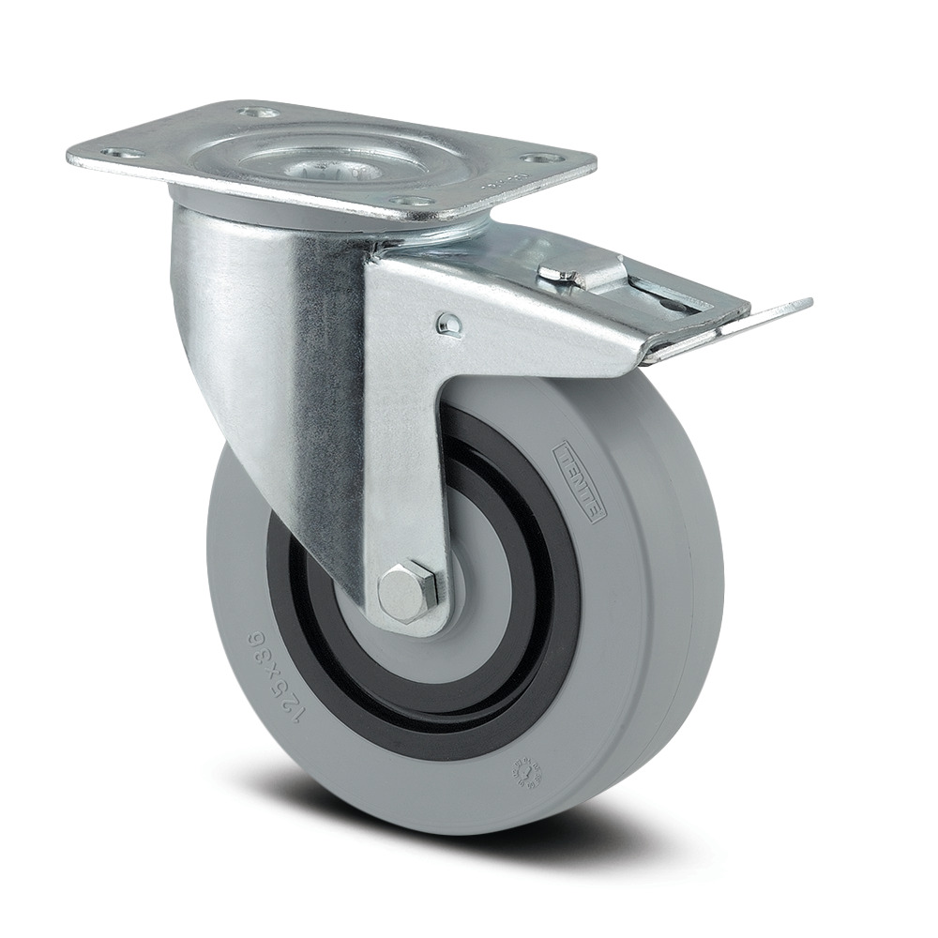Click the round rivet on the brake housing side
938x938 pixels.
[x=447, y=324]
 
